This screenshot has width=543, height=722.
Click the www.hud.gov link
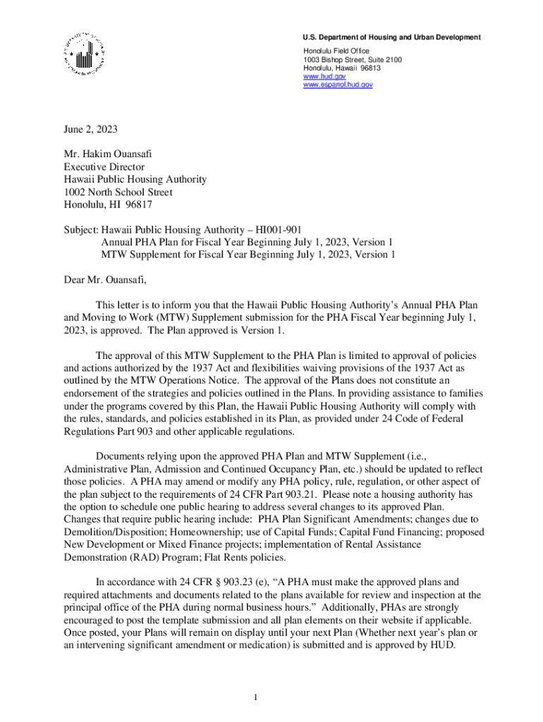pyautogui.click(x=319, y=76)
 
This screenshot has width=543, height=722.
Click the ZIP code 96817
pyautogui.click(x=138, y=205)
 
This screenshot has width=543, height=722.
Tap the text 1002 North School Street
pyautogui.click(x=118, y=192)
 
